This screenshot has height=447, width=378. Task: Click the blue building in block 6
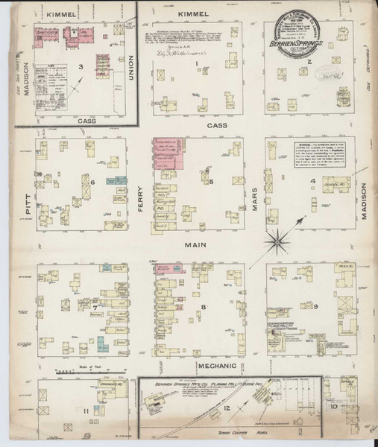point(118,180)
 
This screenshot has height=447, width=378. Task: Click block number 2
point(308,63)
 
